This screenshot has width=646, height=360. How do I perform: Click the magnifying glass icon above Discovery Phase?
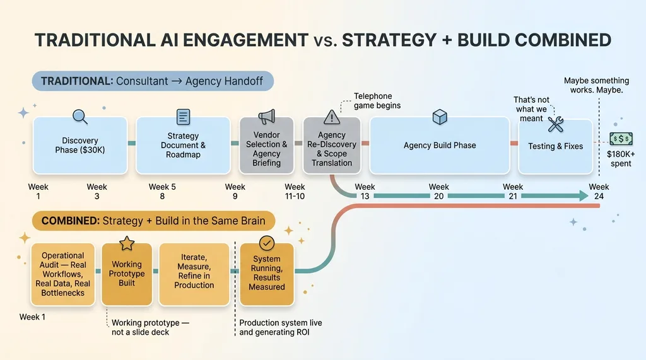point(80,117)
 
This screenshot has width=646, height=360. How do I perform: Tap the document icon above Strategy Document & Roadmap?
point(183,117)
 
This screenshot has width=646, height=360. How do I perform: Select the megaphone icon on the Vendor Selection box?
point(267,117)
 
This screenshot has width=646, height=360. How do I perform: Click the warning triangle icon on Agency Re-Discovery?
point(332,117)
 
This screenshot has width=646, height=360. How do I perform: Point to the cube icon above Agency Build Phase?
point(440,117)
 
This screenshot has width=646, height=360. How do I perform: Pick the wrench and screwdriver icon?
point(556,124)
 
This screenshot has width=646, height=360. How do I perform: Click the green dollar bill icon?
point(621,139)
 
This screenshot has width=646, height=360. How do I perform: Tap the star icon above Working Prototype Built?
point(127,243)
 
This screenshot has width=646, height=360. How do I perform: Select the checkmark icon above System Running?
point(267,243)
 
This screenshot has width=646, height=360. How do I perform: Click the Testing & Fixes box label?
point(555,146)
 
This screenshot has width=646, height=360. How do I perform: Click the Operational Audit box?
point(63,274)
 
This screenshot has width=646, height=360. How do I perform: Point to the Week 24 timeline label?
point(599,191)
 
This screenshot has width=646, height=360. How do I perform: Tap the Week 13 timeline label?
point(365,191)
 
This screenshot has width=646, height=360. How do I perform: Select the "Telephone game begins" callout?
point(377,101)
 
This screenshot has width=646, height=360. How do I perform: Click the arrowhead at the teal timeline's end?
point(581,196)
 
